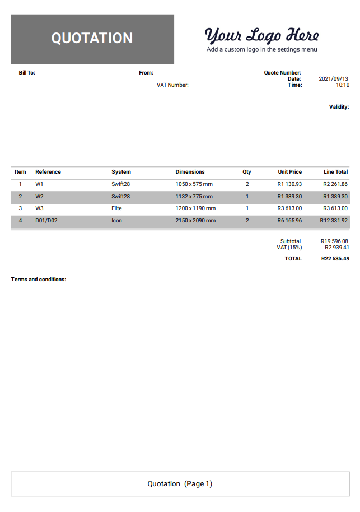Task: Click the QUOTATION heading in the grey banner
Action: pos(92,38)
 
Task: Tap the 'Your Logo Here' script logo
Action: pos(261,35)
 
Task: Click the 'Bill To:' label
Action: pos(27,73)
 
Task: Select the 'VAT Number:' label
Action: pos(172,85)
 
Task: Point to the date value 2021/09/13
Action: pos(334,79)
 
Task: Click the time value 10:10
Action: pos(342,85)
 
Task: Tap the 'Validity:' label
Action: pos(339,106)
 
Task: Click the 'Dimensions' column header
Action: pos(190,172)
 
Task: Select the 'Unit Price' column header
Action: pos(289,172)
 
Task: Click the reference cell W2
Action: pos(39,197)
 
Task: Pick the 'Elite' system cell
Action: pos(116,208)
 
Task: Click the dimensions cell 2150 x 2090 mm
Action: pos(195,221)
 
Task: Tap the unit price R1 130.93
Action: pos(289,184)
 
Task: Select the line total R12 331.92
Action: pos(334,221)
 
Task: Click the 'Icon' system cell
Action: pos(116,221)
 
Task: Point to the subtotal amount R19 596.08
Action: pos(334,241)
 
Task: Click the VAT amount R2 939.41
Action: pos(336,247)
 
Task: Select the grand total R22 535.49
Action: pos(335,259)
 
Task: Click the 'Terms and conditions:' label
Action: pos(39,279)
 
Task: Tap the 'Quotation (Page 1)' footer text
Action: pos(180,483)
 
